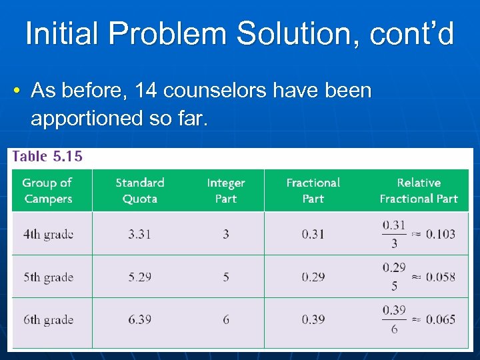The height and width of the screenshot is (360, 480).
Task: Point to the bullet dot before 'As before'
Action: [17, 90]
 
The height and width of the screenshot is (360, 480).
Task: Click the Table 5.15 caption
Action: [47, 156]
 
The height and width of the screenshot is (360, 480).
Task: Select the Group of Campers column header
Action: [48, 190]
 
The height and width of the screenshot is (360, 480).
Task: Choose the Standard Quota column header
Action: [139, 190]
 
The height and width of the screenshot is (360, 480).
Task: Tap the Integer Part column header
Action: [225, 190]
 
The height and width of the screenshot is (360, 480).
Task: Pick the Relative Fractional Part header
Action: [418, 190]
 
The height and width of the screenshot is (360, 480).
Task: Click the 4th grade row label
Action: [48, 234]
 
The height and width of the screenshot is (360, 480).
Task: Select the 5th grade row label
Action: [48, 277]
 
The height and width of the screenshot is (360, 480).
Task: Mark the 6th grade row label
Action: [48, 319]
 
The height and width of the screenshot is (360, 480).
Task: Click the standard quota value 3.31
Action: [139, 234]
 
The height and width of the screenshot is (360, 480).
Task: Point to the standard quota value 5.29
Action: [139, 277]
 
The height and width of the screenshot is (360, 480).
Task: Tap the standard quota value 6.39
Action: [139, 319]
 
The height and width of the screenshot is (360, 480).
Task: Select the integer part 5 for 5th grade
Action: [226, 277]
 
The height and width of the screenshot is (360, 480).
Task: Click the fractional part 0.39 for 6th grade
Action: [313, 319]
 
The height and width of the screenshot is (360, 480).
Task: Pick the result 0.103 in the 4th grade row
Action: [441, 234]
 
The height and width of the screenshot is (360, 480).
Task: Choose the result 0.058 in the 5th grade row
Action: [441, 277]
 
